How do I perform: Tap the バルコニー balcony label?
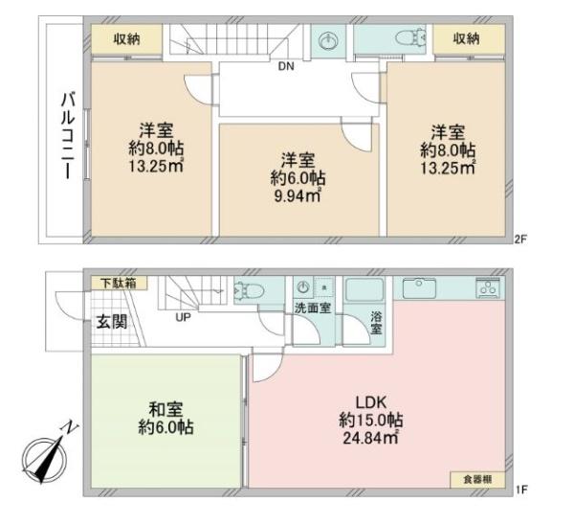68,136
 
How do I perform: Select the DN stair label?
286,66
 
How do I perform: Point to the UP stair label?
183,317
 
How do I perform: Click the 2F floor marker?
520,240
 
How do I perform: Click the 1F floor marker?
521,490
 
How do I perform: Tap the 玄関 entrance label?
112,322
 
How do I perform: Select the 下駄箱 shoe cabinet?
119,283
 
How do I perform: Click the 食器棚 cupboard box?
477,480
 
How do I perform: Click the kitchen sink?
420,288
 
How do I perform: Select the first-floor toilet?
249,290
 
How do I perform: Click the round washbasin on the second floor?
328,40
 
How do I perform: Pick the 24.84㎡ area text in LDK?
370,438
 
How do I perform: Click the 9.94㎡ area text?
298,196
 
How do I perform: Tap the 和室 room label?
166,409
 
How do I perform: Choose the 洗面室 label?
313,308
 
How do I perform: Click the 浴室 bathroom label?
376,323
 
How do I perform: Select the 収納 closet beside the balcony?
126,39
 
